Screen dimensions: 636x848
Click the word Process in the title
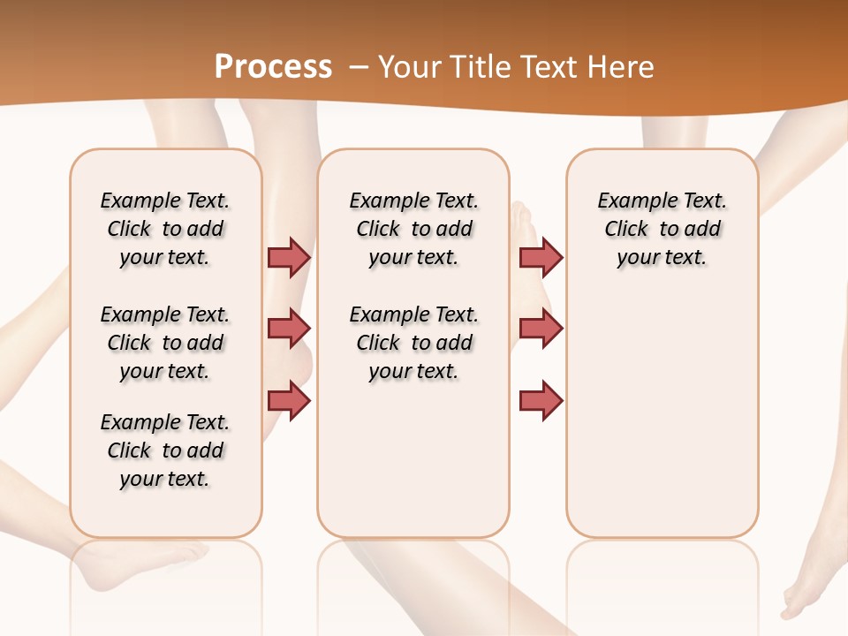(273, 66)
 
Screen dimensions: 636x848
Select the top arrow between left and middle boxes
(289, 257)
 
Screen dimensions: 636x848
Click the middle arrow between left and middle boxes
(289, 329)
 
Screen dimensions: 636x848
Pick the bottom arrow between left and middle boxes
(289, 401)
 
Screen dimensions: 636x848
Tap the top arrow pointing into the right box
(541, 257)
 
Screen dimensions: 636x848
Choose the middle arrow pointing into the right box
(541, 329)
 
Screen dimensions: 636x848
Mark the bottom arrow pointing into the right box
(541, 401)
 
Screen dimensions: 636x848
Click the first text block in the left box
(165, 229)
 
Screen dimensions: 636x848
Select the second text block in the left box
(165, 343)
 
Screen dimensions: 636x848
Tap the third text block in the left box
(165, 450)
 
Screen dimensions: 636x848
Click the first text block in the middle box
(413, 229)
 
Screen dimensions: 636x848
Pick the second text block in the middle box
(413, 343)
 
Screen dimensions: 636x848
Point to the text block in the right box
(662, 229)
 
